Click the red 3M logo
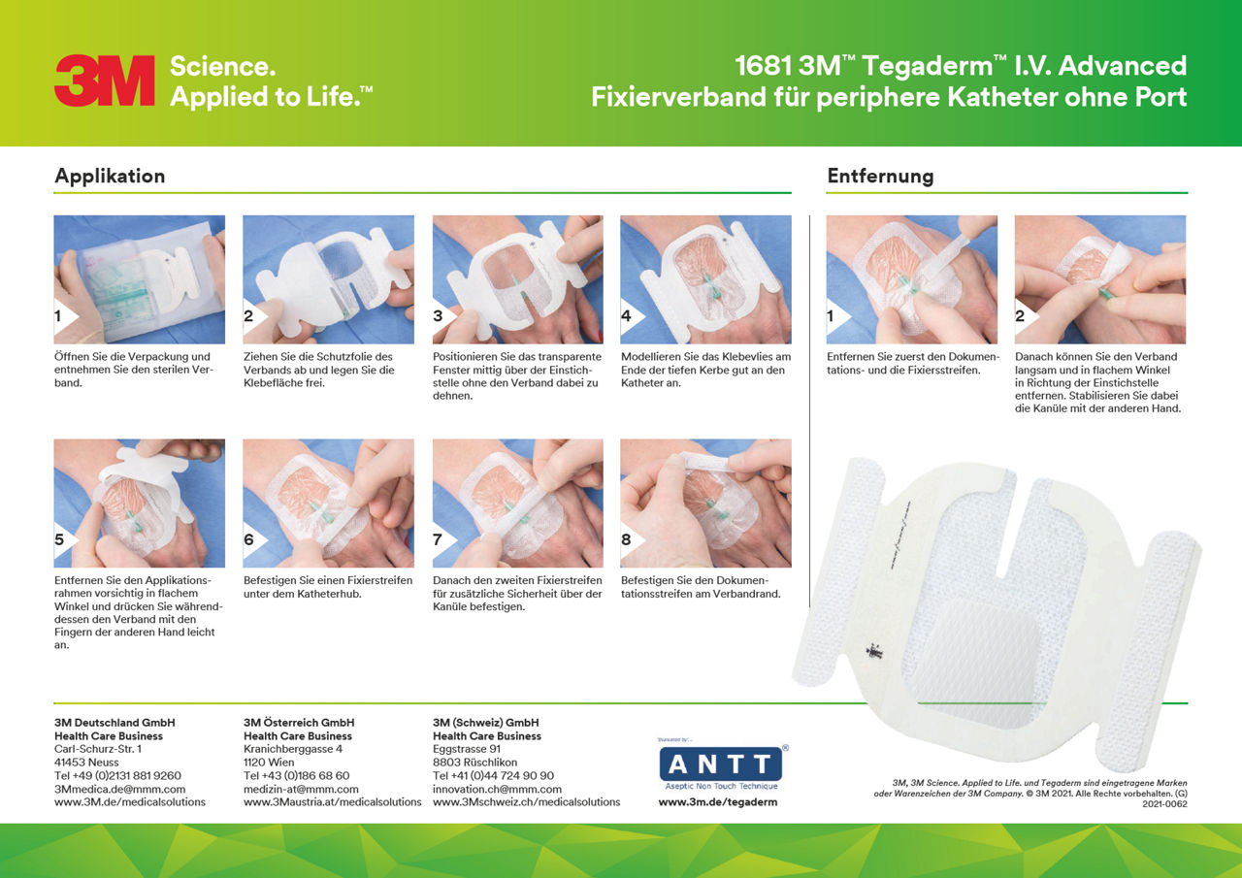click(x=105, y=81)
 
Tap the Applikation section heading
click(x=110, y=176)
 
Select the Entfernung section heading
click(x=880, y=176)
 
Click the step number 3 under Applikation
click(x=439, y=316)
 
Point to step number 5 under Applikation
click(x=60, y=539)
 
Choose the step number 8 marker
click(x=627, y=539)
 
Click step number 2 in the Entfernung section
click(x=1021, y=316)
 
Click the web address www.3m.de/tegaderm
click(x=718, y=802)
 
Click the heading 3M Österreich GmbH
click(x=299, y=723)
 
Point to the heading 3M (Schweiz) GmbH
click(x=485, y=723)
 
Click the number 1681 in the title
click(x=764, y=66)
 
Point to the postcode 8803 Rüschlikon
click(x=475, y=763)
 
